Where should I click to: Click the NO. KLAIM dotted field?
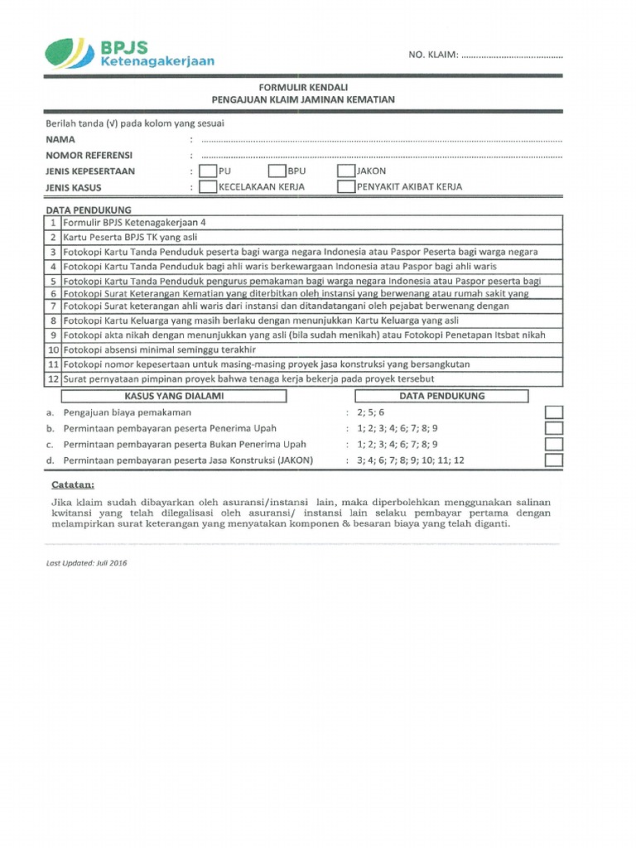[511, 55]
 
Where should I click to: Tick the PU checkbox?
[208, 171]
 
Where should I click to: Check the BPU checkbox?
[277, 171]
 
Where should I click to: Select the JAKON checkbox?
[346, 171]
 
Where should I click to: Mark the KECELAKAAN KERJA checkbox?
[208, 186]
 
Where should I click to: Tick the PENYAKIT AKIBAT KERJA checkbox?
[346, 186]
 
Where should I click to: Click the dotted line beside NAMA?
[381, 140]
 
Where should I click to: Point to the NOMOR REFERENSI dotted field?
[381, 155]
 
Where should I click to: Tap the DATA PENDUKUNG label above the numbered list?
[89, 210]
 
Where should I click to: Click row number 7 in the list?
[53, 306]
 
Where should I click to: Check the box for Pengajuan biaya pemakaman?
[554, 412]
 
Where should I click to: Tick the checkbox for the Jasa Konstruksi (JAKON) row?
[554, 460]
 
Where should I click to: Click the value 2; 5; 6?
[371, 412]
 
